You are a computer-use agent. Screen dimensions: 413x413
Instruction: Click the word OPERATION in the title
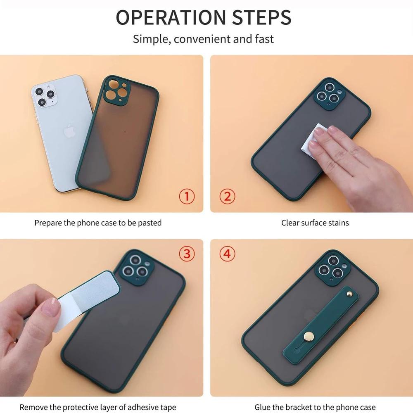pyautogui.click(x=171, y=17)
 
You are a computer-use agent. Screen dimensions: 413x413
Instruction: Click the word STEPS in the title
pyautogui.click(x=262, y=17)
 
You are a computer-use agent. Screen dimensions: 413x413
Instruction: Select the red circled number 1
pyautogui.click(x=187, y=196)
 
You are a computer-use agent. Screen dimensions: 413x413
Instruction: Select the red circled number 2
pyautogui.click(x=227, y=196)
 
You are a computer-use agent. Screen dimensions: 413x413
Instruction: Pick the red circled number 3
pyautogui.click(x=187, y=254)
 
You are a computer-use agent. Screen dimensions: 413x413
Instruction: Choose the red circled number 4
pyautogui.click(x=227, y=254)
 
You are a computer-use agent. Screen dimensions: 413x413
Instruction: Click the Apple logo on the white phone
pyautogui.click(x=69, y=132)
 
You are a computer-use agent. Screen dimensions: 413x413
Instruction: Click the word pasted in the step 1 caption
pyautogui.click(x=149, y=223)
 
